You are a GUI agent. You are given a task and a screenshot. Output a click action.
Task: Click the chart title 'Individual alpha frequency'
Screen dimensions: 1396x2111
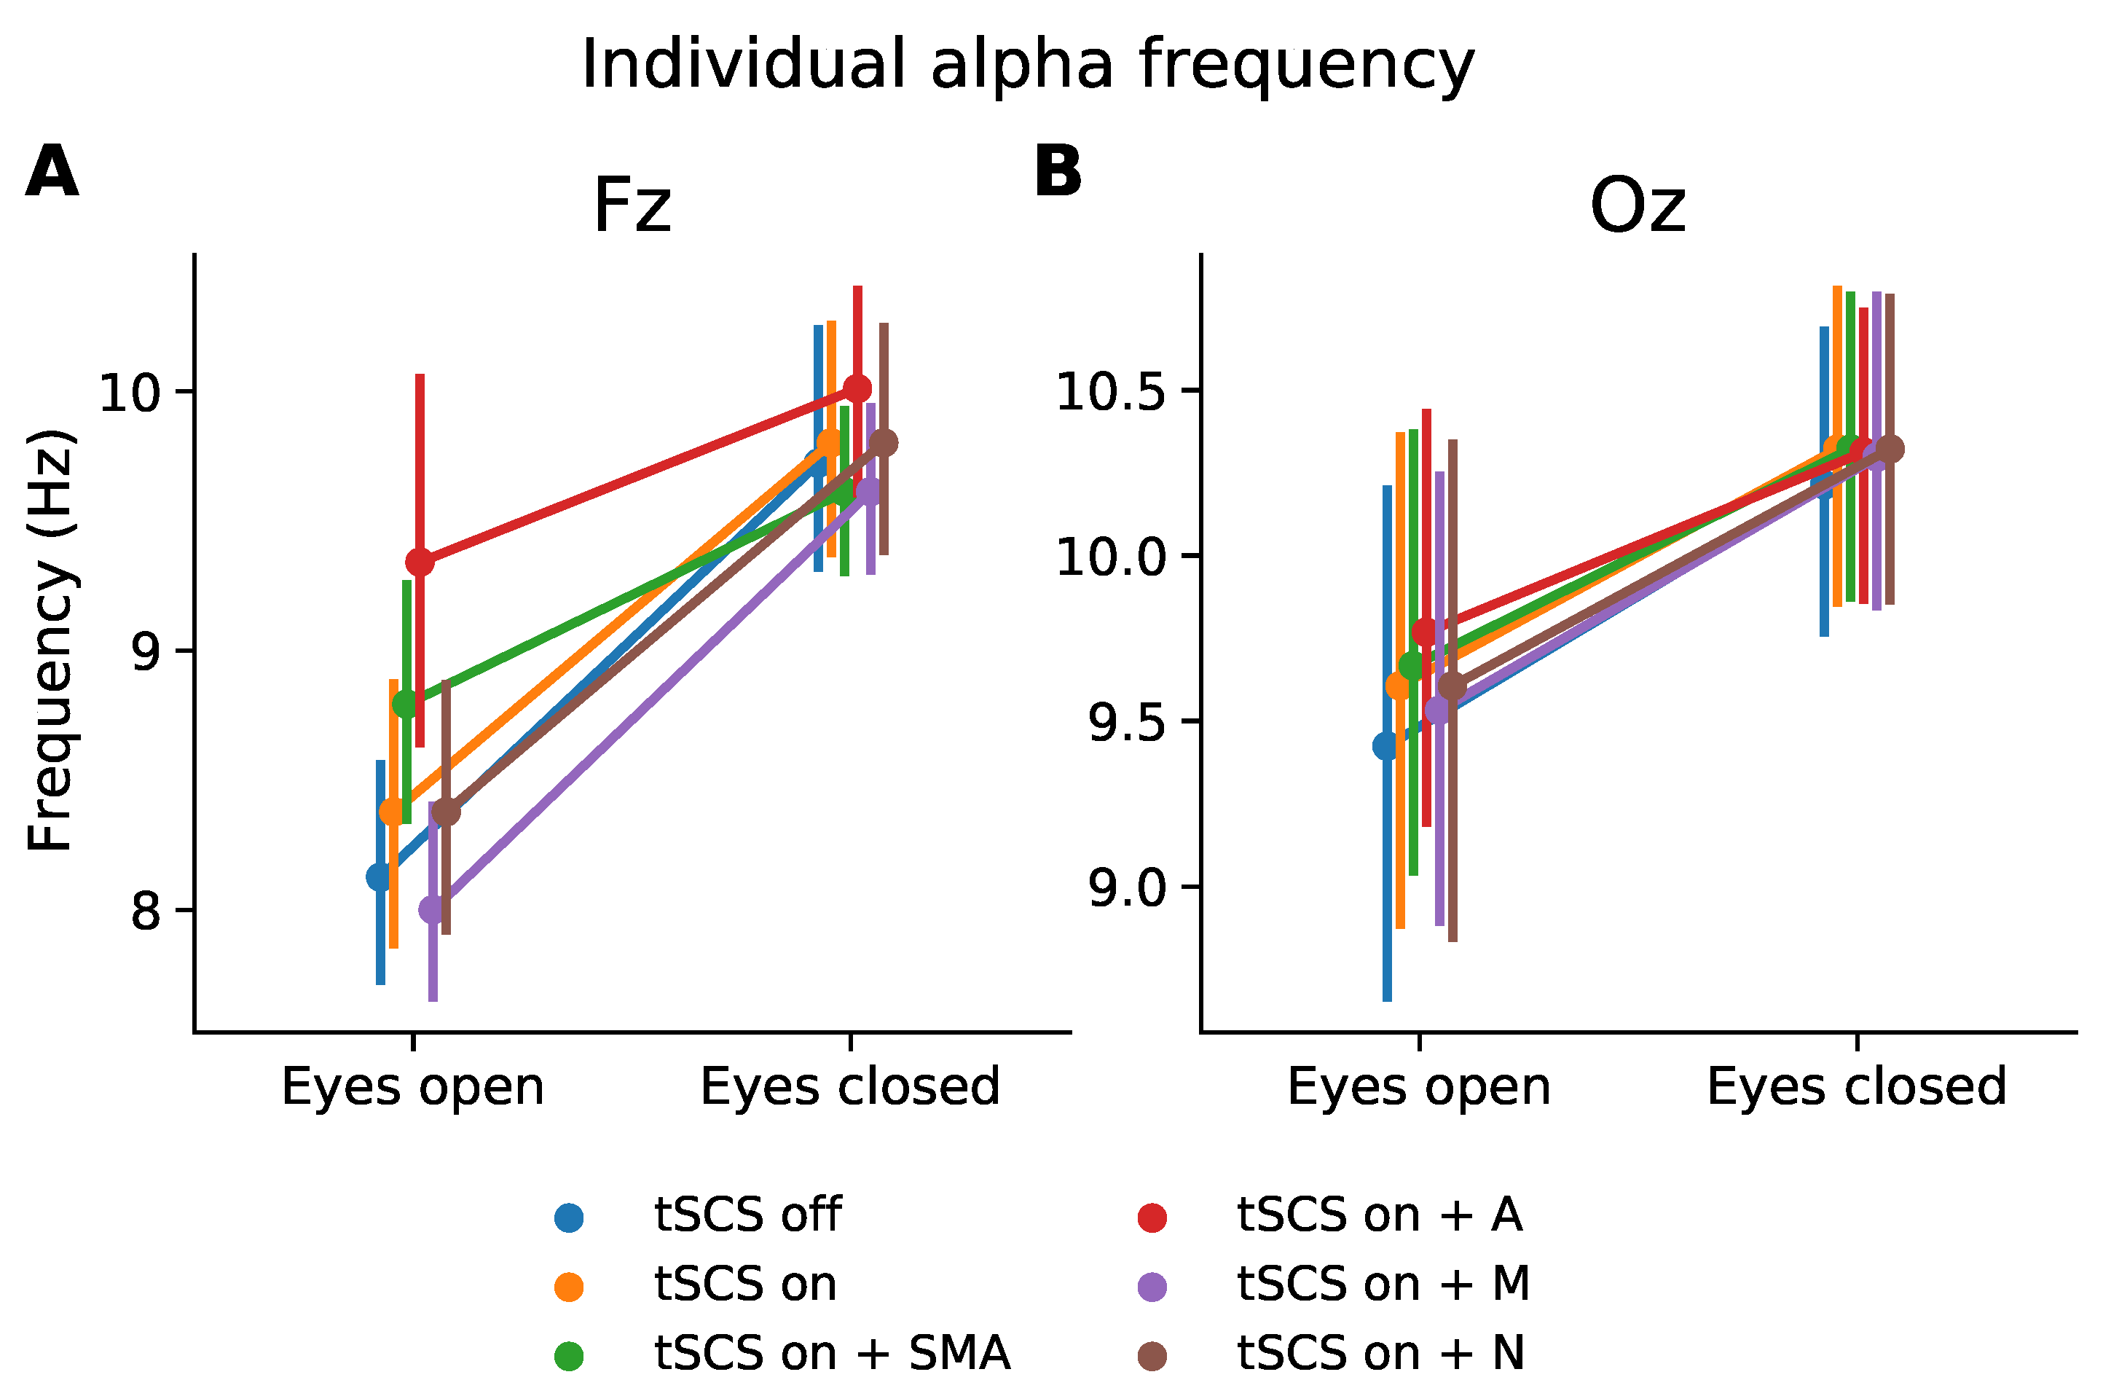[1028, 65]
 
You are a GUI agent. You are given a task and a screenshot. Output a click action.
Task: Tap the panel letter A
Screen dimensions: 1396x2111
[52, 173]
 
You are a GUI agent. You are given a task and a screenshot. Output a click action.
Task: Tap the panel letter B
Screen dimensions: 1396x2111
[1057, 171]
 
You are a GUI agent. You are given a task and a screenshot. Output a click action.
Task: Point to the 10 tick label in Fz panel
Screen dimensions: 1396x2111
[129, 393]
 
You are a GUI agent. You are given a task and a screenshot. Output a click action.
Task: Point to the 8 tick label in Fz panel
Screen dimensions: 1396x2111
[146, 911]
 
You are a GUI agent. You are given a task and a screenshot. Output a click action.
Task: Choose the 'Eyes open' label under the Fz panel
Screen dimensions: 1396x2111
[413, 1087]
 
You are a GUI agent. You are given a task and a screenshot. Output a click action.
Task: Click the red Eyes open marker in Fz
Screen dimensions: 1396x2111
[419, 562]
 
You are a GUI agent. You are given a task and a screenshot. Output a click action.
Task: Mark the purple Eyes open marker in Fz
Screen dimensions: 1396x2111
[433, 909]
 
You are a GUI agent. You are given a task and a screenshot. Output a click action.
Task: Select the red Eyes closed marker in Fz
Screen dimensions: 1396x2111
[857, 389]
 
